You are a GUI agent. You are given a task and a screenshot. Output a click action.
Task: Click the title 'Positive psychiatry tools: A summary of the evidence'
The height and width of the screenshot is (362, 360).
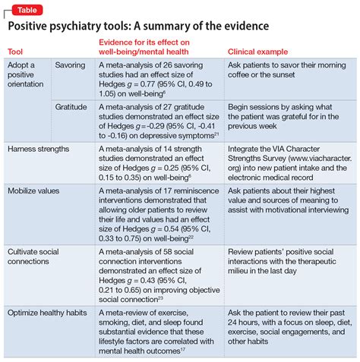point(138,27)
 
